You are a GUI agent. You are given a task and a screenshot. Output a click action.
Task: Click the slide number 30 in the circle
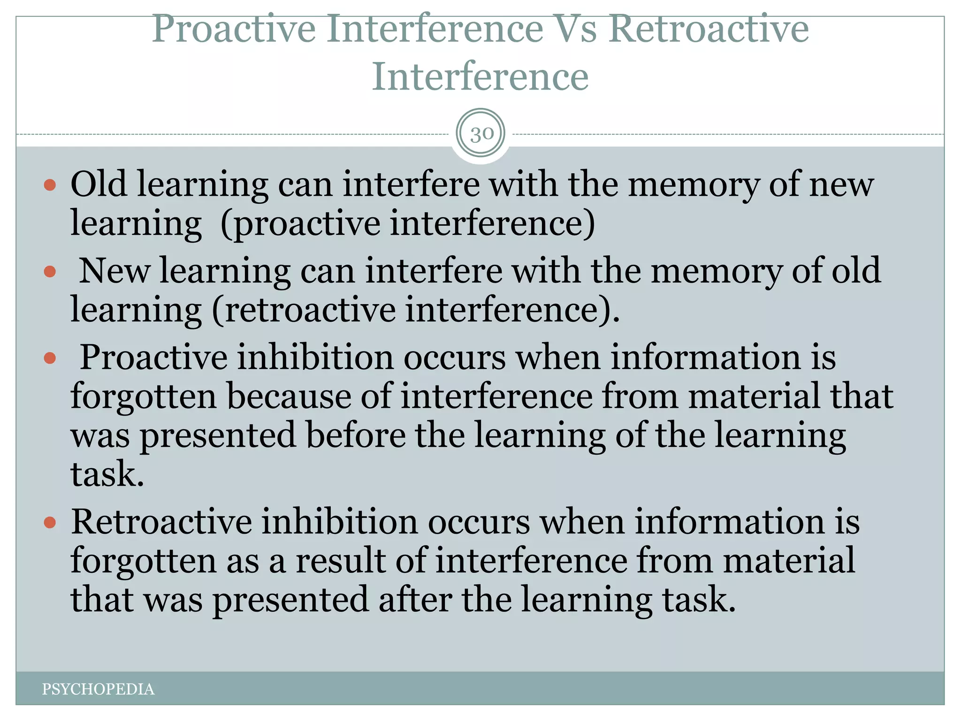481,134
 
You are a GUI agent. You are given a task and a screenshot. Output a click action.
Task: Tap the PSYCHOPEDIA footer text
98,689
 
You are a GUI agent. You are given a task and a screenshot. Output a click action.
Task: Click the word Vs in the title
576,29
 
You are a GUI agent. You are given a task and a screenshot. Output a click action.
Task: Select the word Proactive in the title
234,29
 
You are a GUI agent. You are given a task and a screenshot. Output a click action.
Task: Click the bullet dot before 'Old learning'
50,184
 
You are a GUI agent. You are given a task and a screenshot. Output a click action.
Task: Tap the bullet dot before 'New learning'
50,271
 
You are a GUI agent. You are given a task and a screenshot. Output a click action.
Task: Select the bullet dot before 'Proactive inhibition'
50,359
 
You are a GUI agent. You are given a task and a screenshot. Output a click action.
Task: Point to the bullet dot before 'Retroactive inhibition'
50,522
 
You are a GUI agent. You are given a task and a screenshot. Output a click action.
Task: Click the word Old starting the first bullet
99,184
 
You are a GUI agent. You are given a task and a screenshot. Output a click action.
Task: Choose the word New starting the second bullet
114,271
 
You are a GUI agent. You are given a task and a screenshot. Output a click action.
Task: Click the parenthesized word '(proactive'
300,223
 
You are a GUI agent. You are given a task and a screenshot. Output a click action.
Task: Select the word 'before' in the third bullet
356,435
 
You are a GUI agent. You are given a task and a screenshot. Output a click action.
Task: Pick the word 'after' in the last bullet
415,600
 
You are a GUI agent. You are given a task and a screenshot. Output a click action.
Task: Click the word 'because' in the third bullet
289,396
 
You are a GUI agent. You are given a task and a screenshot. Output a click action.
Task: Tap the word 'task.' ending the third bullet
107,474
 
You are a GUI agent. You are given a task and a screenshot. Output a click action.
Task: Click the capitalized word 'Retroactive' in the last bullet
161,522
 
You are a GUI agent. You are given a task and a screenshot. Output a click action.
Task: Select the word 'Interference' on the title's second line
480,77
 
